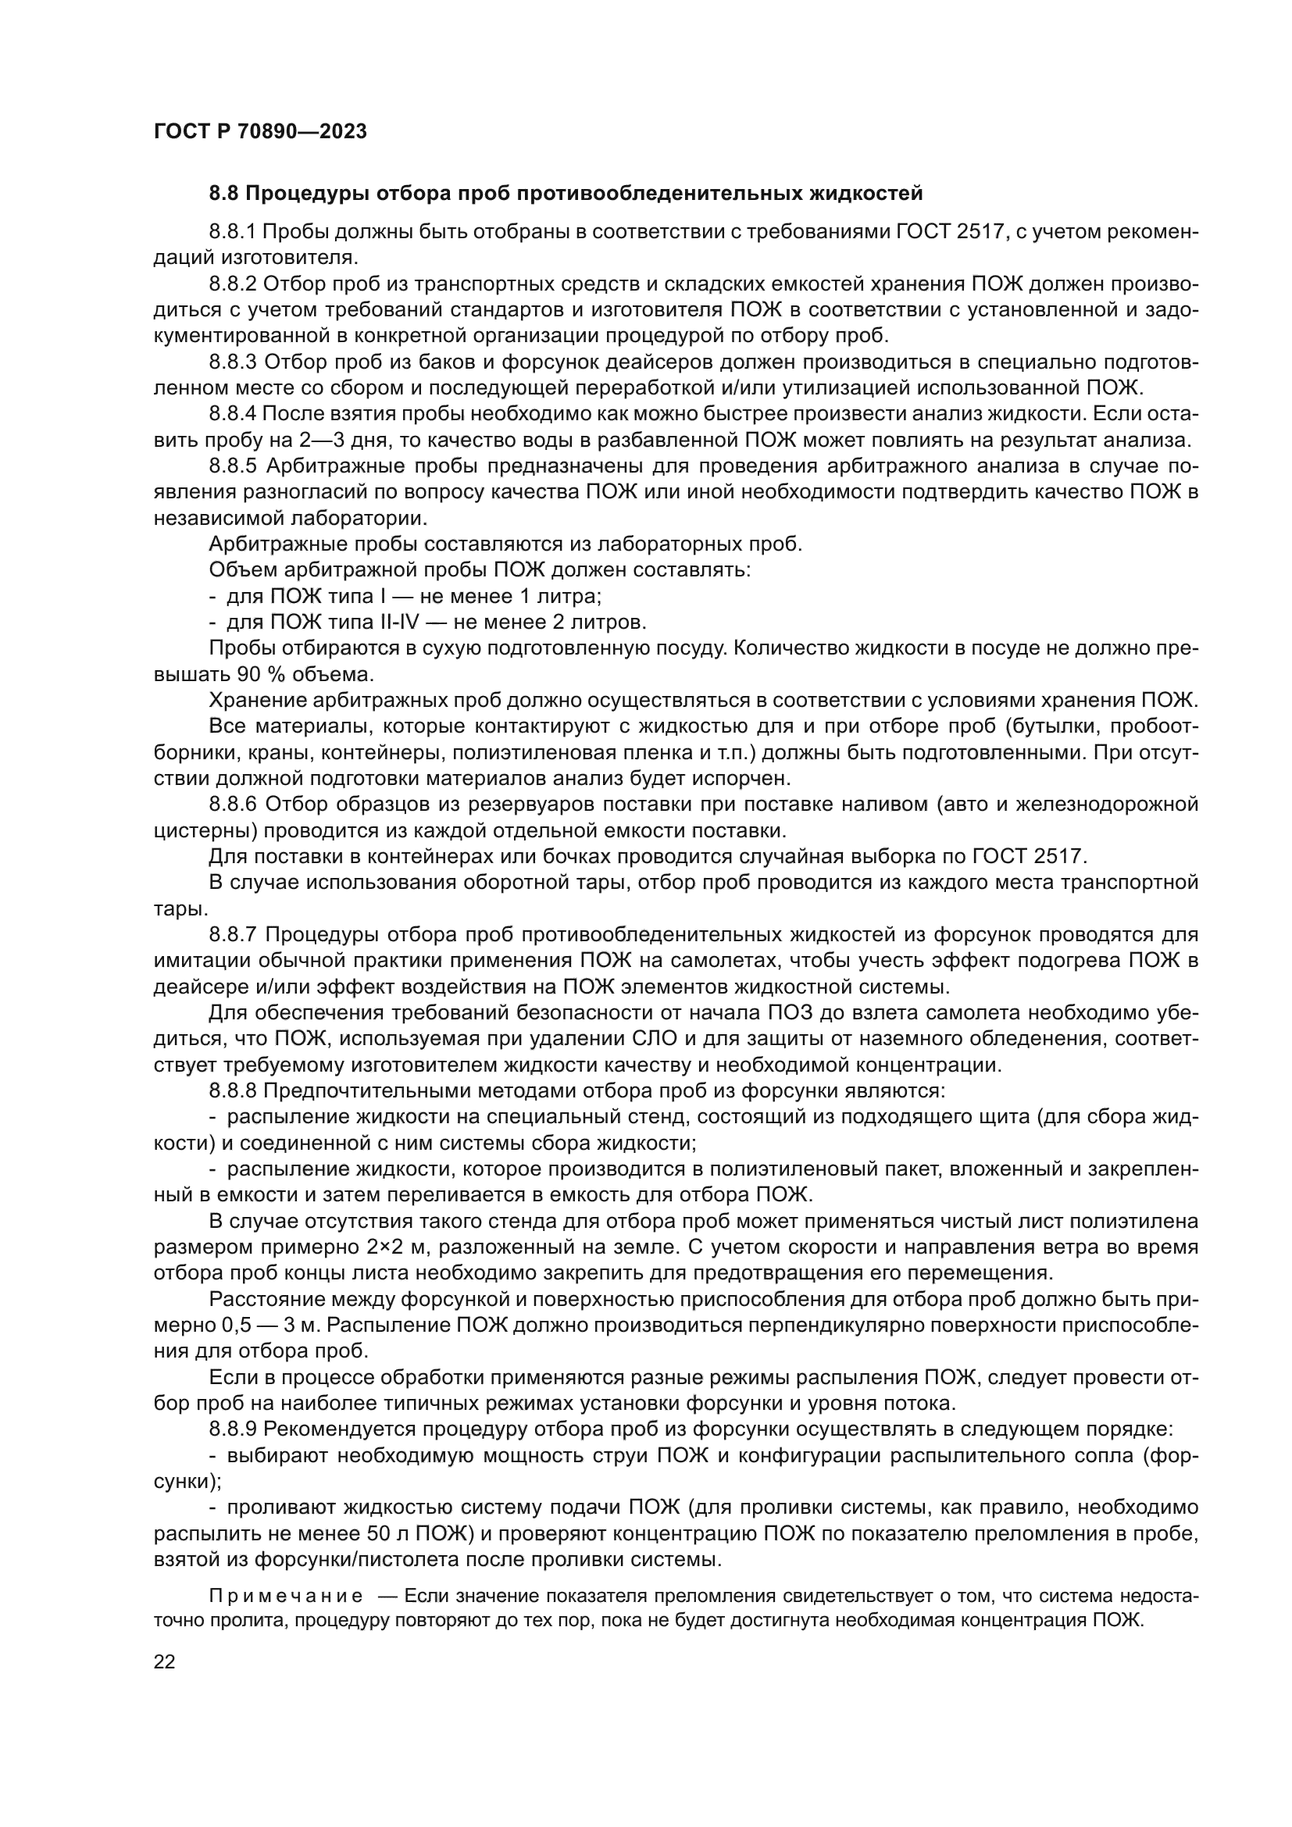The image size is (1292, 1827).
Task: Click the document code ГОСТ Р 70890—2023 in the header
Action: click(x=260, y=132)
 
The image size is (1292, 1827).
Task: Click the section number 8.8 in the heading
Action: click(x=223, y=194)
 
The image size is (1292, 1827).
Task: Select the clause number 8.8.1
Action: click(x=232, y=232)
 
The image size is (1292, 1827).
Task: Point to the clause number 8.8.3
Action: click(x=232, y=362)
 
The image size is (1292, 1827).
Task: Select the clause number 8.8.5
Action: click(x=232, y=466)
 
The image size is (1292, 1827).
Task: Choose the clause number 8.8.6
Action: click(x=232, y=804)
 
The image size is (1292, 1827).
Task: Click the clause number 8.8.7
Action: click(x=232, y=934)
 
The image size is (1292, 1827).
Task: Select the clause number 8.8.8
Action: click(x=232, y=1090)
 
